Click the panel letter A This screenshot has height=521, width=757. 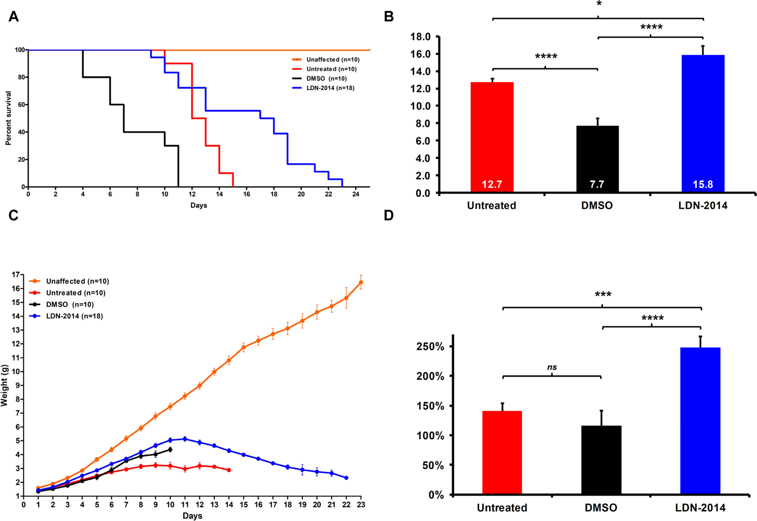pyautogui.click(x=14, y=17)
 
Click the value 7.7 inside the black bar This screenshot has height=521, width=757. pyautogui.click(x=597, y=184)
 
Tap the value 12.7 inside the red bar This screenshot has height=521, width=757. pyautogui.click(x=492, y=184)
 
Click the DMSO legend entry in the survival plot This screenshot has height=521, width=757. pyautogui.click(x=326, y=79)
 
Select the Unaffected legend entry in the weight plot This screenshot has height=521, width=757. pyautogui.click(x=77, y=281)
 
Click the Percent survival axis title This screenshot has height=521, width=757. pyautogui.click(x=8, y=118)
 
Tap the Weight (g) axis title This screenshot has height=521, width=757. pyautogui.click(x=5, y=385)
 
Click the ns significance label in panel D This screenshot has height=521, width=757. pyautogui.click(x=552, y=367)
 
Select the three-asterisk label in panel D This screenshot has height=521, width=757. pyautogui.click(x=603, y=295)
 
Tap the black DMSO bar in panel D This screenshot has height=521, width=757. pyautogui.click(x=601, y=460)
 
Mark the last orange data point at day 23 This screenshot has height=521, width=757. pyautogui.click(x=361, y=282)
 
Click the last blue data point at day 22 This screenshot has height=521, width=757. pyautogui.click(x=346, y=478)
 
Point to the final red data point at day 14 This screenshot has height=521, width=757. pyautogui.click(x=229, y=470)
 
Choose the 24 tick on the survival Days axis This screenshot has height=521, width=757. pyautogui.click(x=356, y=195)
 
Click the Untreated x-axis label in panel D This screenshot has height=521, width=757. pyautogui.click(x=502, y=508)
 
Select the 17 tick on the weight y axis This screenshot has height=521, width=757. pyautogui.click(x=16, y=275)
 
